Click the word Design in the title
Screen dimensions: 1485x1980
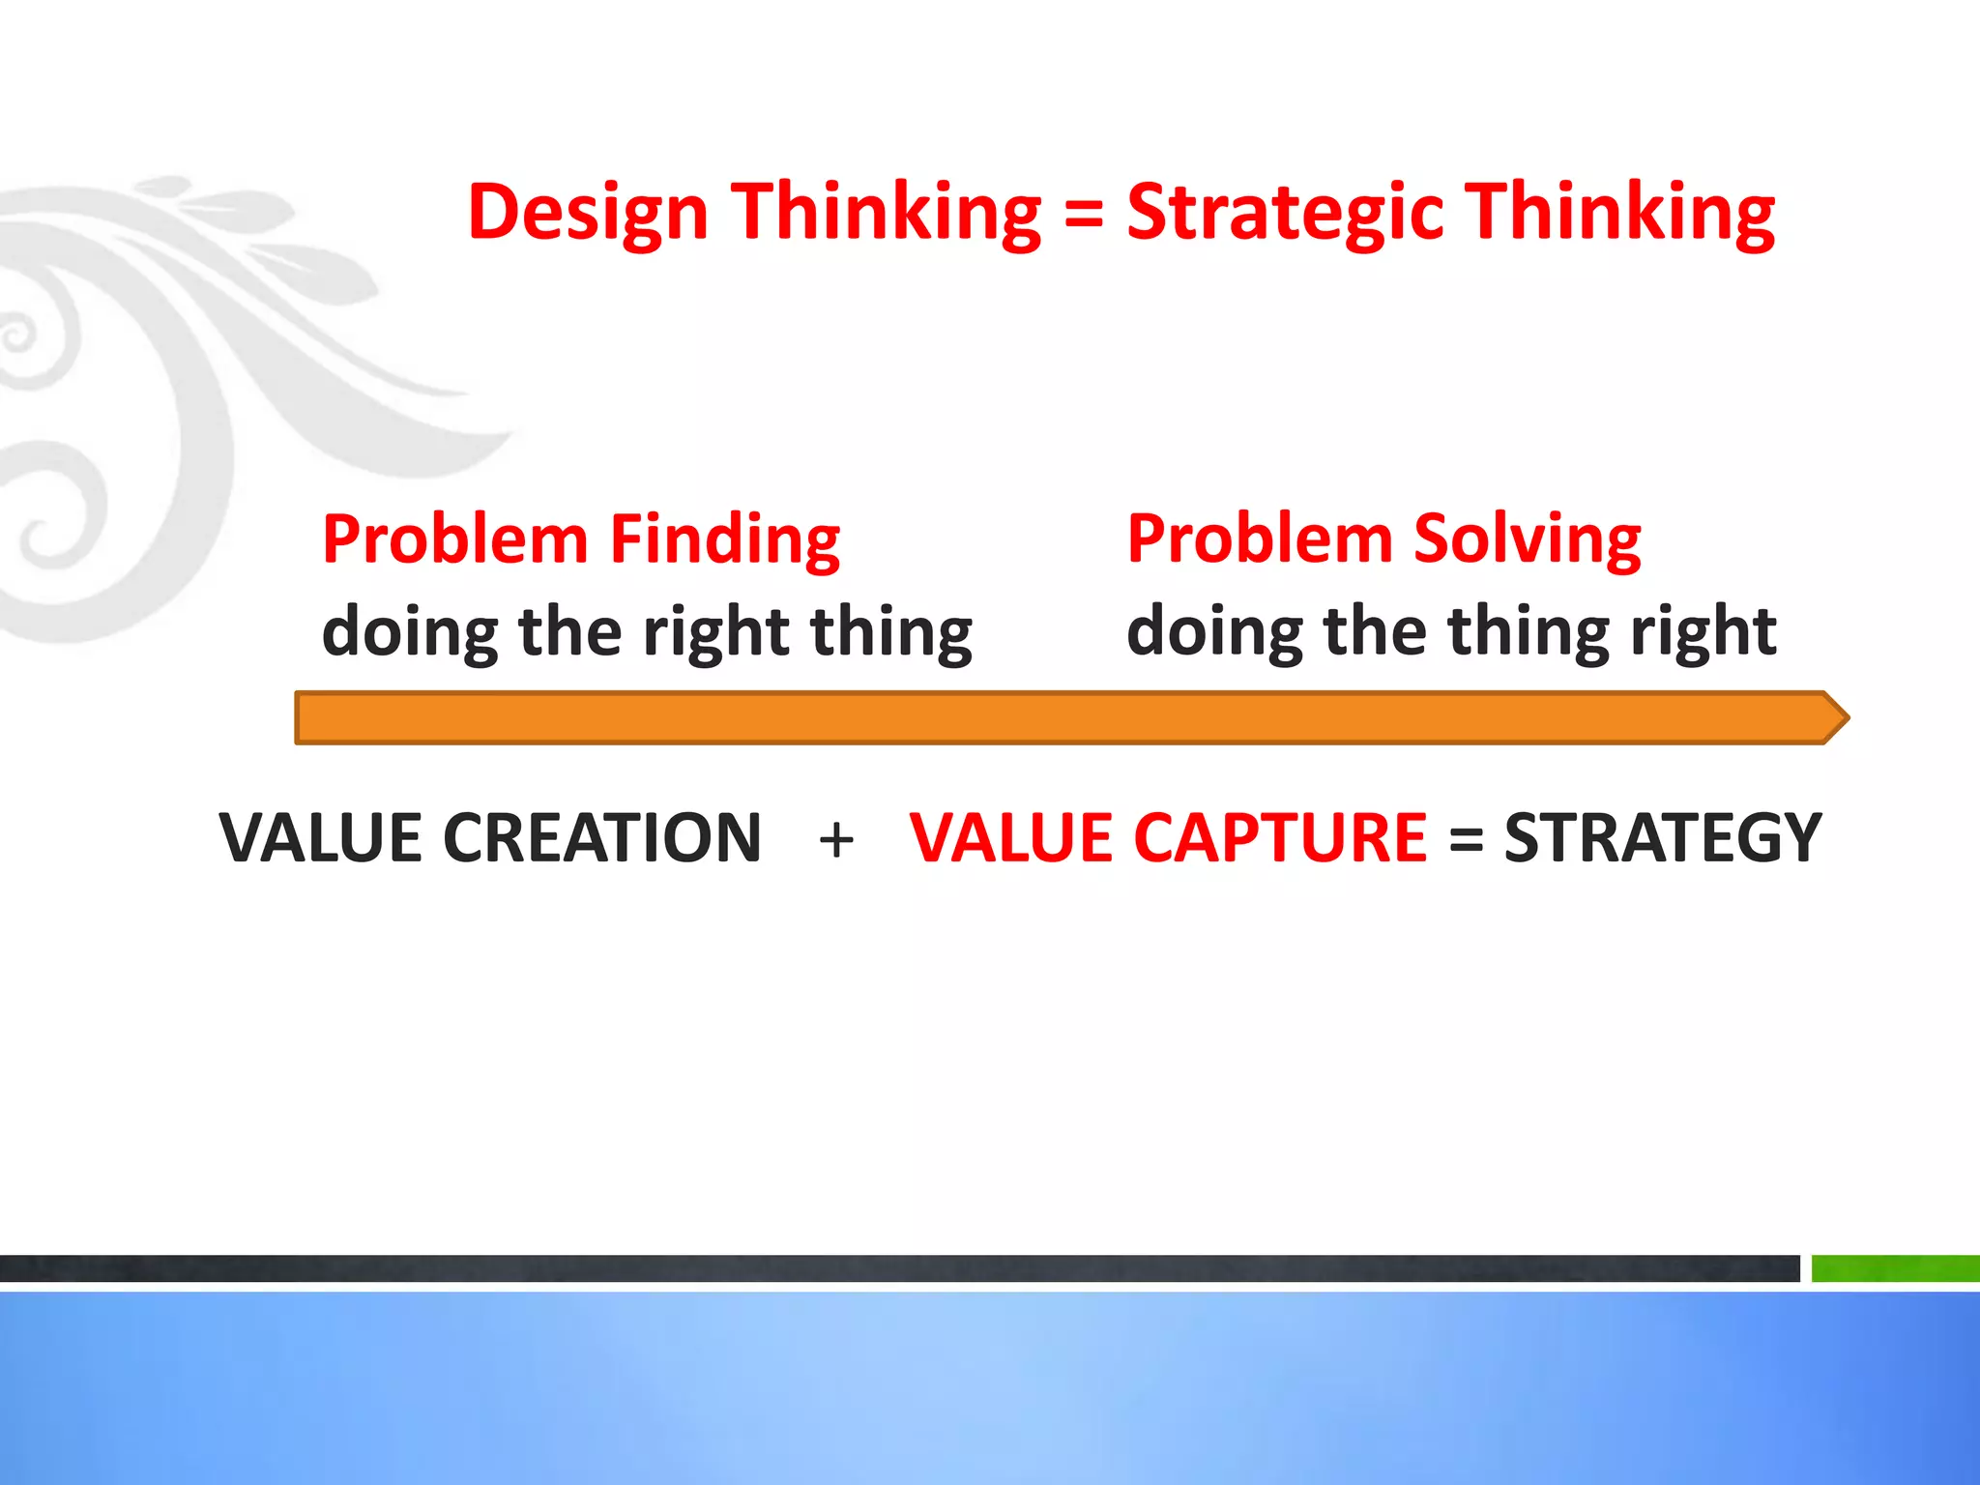point(588,213)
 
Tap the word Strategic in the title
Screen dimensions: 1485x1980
point(1286,213)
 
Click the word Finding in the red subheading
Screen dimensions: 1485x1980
point(725,539)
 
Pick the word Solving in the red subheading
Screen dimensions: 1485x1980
point(1527,539)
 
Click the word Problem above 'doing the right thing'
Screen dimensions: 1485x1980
point(454,539)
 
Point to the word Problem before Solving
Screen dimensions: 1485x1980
point(1260,539)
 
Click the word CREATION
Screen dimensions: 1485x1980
point(601,837)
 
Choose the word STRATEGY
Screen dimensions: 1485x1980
point(1662,837)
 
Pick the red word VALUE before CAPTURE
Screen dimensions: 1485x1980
point(1009,837)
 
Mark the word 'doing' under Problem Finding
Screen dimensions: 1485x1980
point(409,633)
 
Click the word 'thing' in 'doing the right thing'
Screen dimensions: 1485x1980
point(890,633)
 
